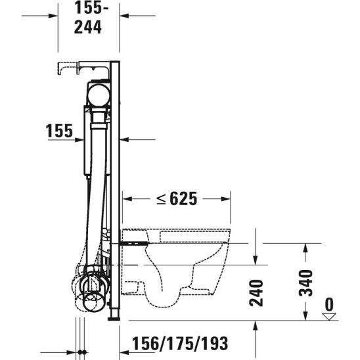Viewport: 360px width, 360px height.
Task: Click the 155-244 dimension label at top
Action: click(91, 18)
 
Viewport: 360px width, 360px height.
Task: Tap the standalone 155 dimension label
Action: click(59, 131)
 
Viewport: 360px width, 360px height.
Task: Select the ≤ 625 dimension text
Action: click(177, 198)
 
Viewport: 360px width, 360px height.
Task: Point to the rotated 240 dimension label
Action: click(256, 293)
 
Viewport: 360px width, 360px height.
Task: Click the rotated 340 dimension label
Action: click(305, 283)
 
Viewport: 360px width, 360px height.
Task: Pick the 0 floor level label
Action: click(330, 304)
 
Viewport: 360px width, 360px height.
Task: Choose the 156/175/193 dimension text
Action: click(180, 344)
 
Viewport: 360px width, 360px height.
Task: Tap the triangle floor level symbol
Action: click(329, 317)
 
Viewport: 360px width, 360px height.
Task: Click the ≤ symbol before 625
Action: click(161, 199)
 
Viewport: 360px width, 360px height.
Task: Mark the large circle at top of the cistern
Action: click(99, 95)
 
